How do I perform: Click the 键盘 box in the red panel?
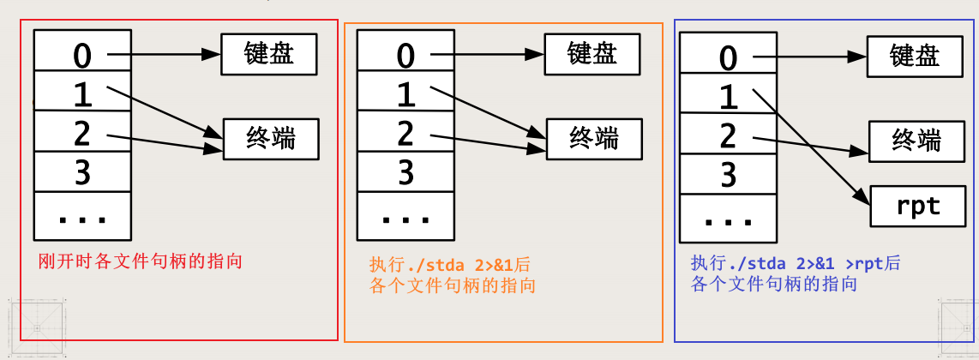click(269, 54)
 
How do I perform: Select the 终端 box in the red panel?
click(271, 138)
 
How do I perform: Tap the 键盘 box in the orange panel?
click(592, 54)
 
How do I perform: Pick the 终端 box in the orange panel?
click(594, 137)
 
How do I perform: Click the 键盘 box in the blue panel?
click(916, 57)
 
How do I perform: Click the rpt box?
click(917, 206)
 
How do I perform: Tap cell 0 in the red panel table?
click(82, 55)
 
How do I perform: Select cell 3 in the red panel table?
click(82, 172)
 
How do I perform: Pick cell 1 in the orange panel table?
click(405, 94)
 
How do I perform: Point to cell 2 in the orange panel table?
click(405, 134)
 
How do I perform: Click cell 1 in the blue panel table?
click(728, 97)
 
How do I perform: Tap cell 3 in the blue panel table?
click(728, 174)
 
